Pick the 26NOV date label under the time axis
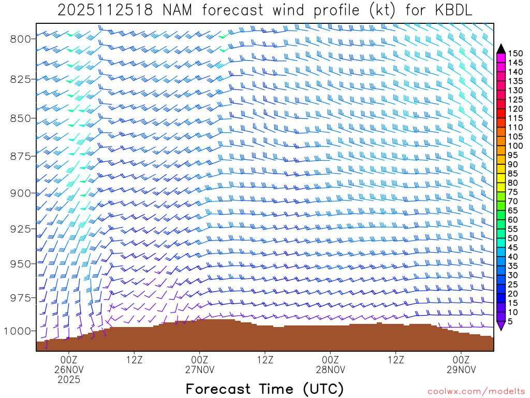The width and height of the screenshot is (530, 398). pyautogui.click(x=69, y=369)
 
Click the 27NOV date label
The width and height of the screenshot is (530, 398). pyautogui.click(x=200, y=369)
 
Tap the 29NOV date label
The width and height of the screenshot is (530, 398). pyautogui.click(x=461, y=369)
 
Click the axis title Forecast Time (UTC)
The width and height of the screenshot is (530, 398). pyautogui.click(x=264, y=389)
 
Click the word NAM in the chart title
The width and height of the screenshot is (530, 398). pyautogui.click(x=176, y=10)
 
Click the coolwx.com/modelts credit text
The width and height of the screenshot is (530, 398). pyautogui.click(x=476, y=391)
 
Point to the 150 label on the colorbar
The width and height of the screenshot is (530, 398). pyautogui.click(x=515, y=53)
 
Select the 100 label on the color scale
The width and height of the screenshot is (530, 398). pyautogui.click(x=515, y=146)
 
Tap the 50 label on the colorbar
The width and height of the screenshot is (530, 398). pyautogui.click(x=512, y=238)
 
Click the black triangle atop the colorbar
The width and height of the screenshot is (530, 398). pyautogui.click(x=500, y=48)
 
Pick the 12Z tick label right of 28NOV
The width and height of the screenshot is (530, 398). pyautogui.click(x=396, y=359)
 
